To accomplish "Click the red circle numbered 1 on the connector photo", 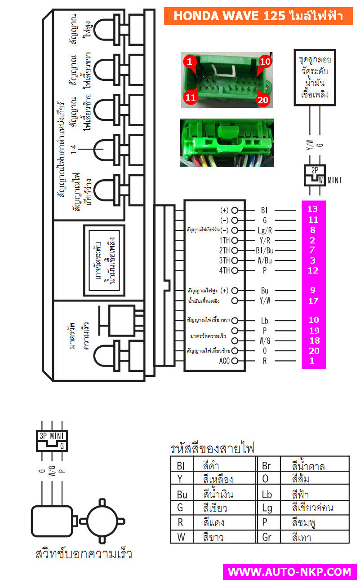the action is pos(189,62).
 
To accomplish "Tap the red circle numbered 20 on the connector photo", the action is pos(262,100).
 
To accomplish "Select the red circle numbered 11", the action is pos(191,97).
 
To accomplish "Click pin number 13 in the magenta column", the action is pos(312,209).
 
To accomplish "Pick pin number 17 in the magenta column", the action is pos(313,301).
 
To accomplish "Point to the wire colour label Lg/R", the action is pos(264,230).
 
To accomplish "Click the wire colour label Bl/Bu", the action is pos(265,250).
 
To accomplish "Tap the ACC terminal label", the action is pos(224,361).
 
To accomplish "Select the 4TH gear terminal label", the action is pos(224,271).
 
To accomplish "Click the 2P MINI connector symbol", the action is pos(315,176).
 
